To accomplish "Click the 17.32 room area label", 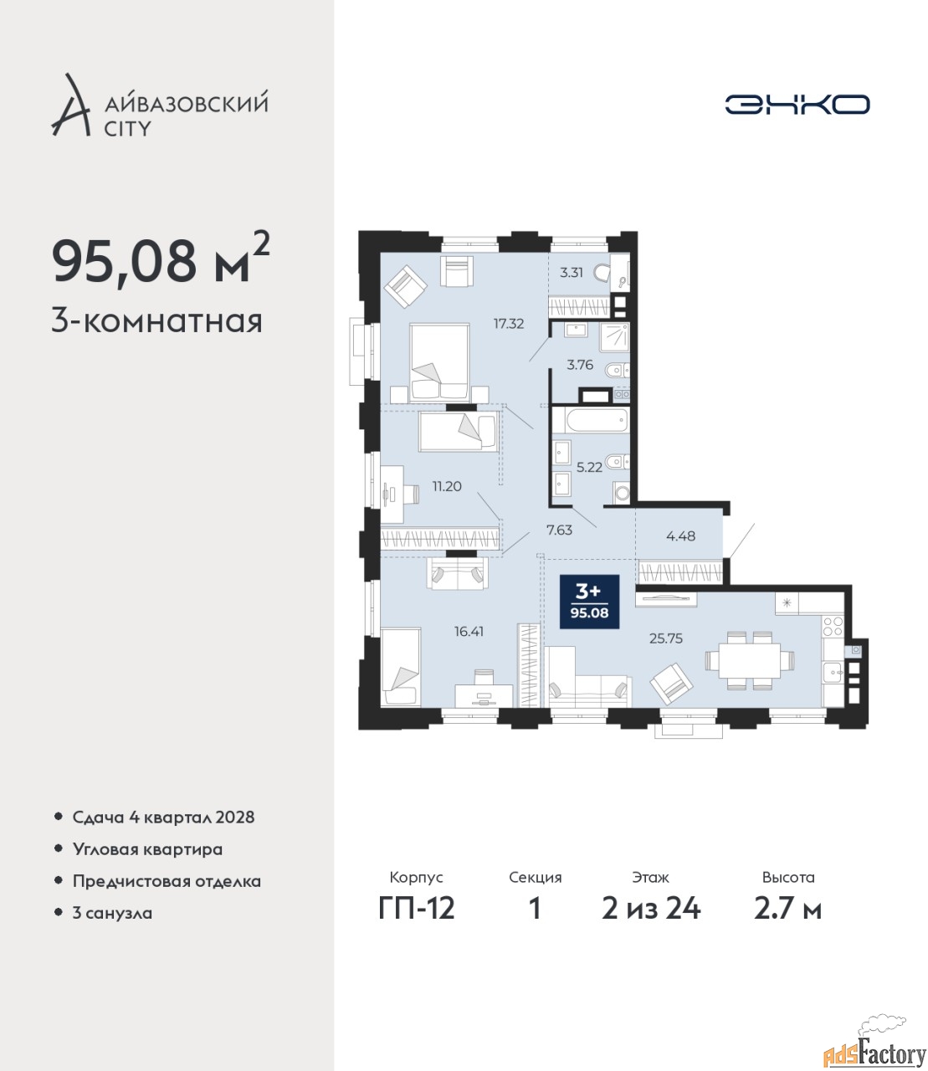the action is [x=509, y=324].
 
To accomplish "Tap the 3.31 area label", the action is [x=572, y=273].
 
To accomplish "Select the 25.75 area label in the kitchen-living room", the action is [x=666, y=638].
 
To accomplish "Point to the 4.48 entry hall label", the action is [x=680, y=535].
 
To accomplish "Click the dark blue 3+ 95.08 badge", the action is [x=590, y=602].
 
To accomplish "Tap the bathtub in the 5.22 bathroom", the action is [x=597, y=421].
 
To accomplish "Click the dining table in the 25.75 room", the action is [x=749, y=661].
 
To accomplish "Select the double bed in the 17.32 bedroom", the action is [x=439, y=361].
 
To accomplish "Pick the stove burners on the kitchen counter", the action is [x=833, y=626].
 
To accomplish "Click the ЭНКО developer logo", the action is [x=797, y=104].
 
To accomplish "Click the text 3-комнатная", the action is [x=157, y=322].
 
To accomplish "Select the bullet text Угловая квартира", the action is [x=147, y=850].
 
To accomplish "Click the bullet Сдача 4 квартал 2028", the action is [x=164, y=817].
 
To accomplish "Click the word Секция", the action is [x=536, y=878].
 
